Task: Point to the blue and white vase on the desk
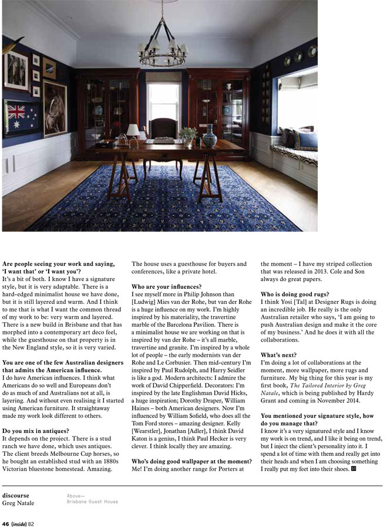209,137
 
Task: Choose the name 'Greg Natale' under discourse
19,503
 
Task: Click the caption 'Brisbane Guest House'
92,502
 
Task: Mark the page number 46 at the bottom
5,523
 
